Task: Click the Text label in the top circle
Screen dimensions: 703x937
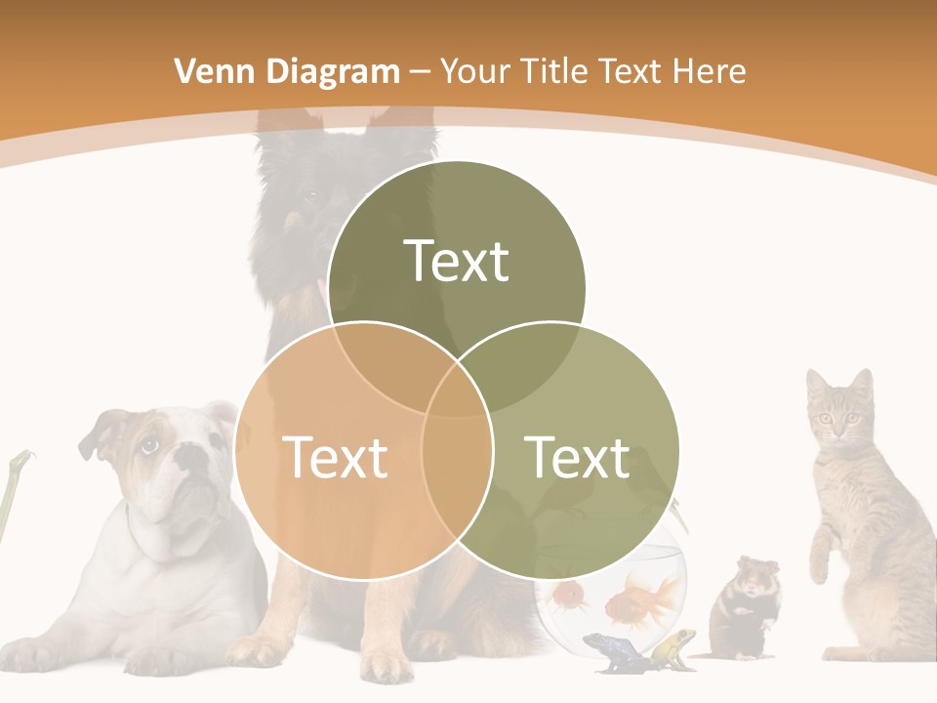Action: point(457,261)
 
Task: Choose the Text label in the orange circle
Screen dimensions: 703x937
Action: point(335,457)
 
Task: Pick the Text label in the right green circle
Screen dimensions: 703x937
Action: point(578,457)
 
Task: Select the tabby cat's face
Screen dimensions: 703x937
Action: point(837,415)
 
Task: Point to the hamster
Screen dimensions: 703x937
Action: point(744,605)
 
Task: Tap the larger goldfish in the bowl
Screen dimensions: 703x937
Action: point(644,598)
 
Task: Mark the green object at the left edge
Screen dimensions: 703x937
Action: point(12,488)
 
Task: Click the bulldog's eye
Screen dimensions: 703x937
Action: point(149,445)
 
